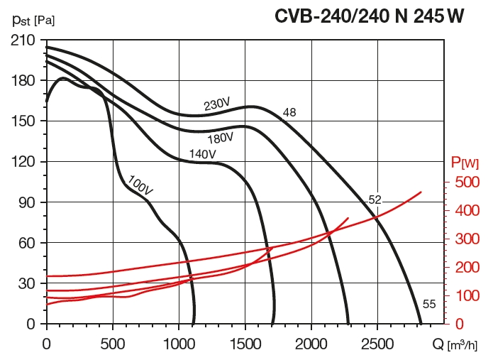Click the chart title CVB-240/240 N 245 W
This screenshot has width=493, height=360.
[x=370, y=16]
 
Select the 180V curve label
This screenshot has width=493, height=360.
[x=221, y=119]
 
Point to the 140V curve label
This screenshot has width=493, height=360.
[x=202, y=154]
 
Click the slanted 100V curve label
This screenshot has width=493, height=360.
[x=140, y=185]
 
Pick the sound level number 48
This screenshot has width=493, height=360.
[x=289, y=113]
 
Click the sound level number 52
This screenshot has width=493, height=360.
[x=375, y=200]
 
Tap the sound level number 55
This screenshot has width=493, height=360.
[x=428, y=304]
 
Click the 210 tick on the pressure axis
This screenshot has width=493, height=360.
[x=23, y=40]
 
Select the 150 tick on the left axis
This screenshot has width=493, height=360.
[x=23, y=121]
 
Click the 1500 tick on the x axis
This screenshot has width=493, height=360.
[x=245, y=343]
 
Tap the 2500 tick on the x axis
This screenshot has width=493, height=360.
[x=377, y=343]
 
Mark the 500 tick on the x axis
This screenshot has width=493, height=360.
[x=113, y=343]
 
